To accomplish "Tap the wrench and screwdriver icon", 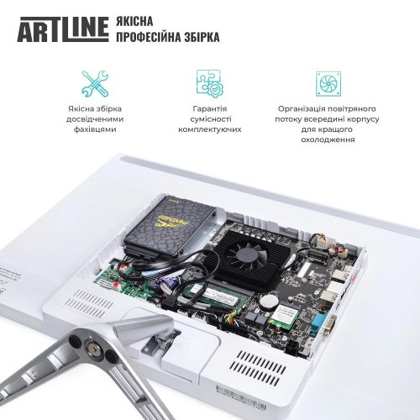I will point(94,83).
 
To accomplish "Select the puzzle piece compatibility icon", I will point(209,83).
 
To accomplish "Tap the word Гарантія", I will point(210,109).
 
